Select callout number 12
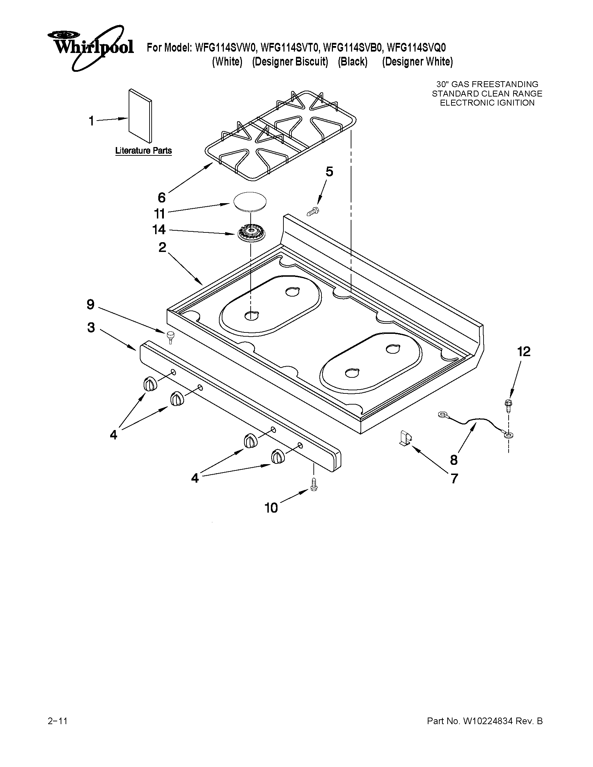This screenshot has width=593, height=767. (523, 352)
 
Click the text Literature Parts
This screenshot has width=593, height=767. (143, 151)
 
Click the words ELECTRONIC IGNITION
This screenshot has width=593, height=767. (487, 103)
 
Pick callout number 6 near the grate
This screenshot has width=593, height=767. (161, 198)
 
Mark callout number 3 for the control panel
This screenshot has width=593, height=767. (91, 328)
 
